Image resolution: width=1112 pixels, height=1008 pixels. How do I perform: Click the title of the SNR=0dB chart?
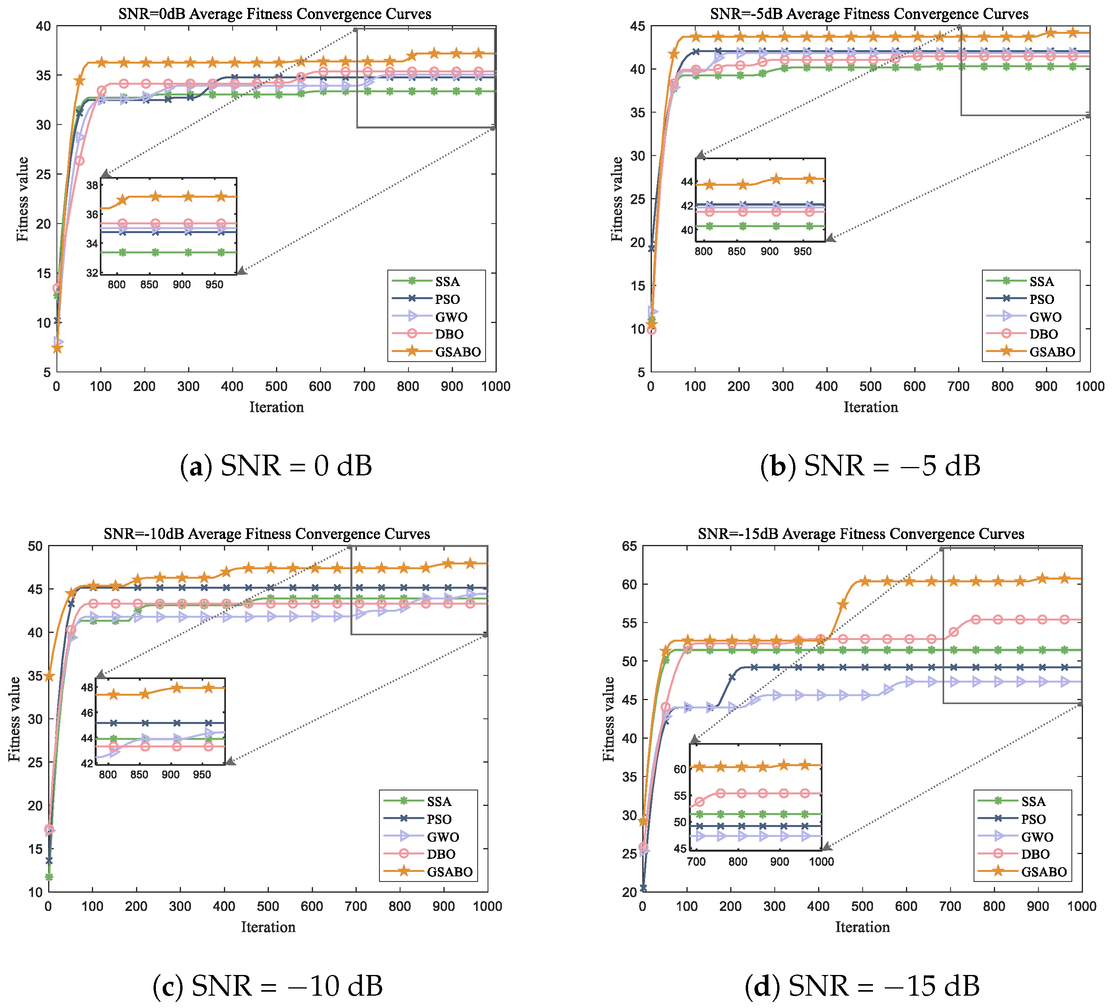pos(275,14)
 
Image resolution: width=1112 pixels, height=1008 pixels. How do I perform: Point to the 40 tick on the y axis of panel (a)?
pos(43,26)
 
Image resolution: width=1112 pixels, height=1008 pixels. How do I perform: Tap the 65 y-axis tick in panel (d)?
pos(629,546)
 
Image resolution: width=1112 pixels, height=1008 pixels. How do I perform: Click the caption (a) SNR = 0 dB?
pos(276,466)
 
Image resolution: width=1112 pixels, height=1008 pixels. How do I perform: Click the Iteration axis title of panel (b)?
pos(871,407)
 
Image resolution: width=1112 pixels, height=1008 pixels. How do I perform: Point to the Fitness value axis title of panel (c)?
pos(15,719)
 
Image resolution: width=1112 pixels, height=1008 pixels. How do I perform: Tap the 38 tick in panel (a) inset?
pos(93,185)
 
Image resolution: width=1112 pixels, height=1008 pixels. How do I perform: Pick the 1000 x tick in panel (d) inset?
pos(821,862)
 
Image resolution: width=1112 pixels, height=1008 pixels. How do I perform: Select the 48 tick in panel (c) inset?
pos(87,687)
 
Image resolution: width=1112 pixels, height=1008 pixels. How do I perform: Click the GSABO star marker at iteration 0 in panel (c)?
pos(49,676)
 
